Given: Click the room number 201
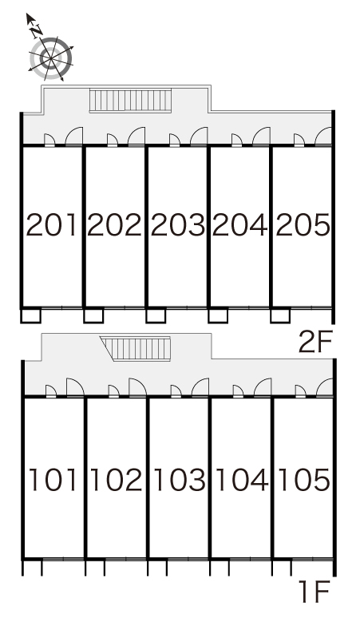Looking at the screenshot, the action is pos(51,225).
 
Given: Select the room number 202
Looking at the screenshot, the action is pos(114,225).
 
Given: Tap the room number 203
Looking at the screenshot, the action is pos(178,225).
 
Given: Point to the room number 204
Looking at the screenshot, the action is pos(240,225).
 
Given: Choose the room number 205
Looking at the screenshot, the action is pos(303,225).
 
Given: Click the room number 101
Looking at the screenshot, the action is pos(53,480).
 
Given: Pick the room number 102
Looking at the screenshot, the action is pos(117,480).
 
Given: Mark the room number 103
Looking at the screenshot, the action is pos(180,480).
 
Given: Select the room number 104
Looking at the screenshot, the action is pos(242,480).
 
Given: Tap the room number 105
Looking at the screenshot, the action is pos(304,480).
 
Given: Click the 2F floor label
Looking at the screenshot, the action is pos(315,342).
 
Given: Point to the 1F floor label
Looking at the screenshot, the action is pos(314,591).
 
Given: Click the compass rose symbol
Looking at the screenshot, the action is pos(51,58).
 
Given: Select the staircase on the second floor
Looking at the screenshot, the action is pos(130,101).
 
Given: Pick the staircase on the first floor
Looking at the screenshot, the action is pos(136,348).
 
